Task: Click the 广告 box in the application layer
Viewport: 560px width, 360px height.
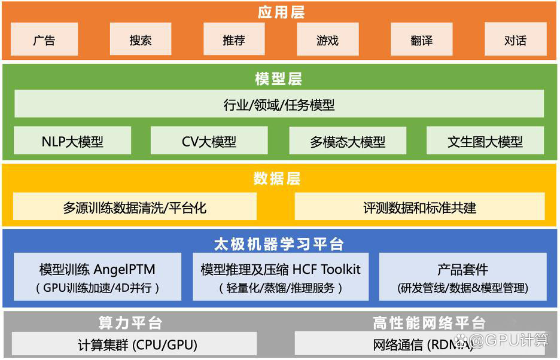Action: (44, 39)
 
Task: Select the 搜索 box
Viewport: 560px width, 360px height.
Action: (141, 39)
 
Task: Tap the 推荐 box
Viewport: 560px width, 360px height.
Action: (234, 39)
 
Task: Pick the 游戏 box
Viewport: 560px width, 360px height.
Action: (327, 39)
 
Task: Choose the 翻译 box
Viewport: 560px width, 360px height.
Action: (421, 39)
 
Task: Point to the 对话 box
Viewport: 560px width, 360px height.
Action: (515, 39)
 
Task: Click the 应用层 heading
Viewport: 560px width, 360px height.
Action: (281, 12)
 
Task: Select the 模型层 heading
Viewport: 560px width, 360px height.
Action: (279, 78)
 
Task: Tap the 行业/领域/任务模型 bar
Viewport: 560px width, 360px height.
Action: (279, 103)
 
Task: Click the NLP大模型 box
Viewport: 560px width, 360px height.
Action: (72, 141)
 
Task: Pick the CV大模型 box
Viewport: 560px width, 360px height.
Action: (209, 141)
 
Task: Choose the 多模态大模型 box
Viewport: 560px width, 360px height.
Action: (348, 141)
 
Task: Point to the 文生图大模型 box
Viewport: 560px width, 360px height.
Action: (485, 141)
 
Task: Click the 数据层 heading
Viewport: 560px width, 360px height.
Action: (277, 178)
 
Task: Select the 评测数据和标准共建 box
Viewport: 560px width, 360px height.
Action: (419, 206)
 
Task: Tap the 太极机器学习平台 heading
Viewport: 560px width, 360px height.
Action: (279, 244)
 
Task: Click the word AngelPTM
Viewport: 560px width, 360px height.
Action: (124, 270)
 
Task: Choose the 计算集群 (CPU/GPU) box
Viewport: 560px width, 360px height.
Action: (134, 344)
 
